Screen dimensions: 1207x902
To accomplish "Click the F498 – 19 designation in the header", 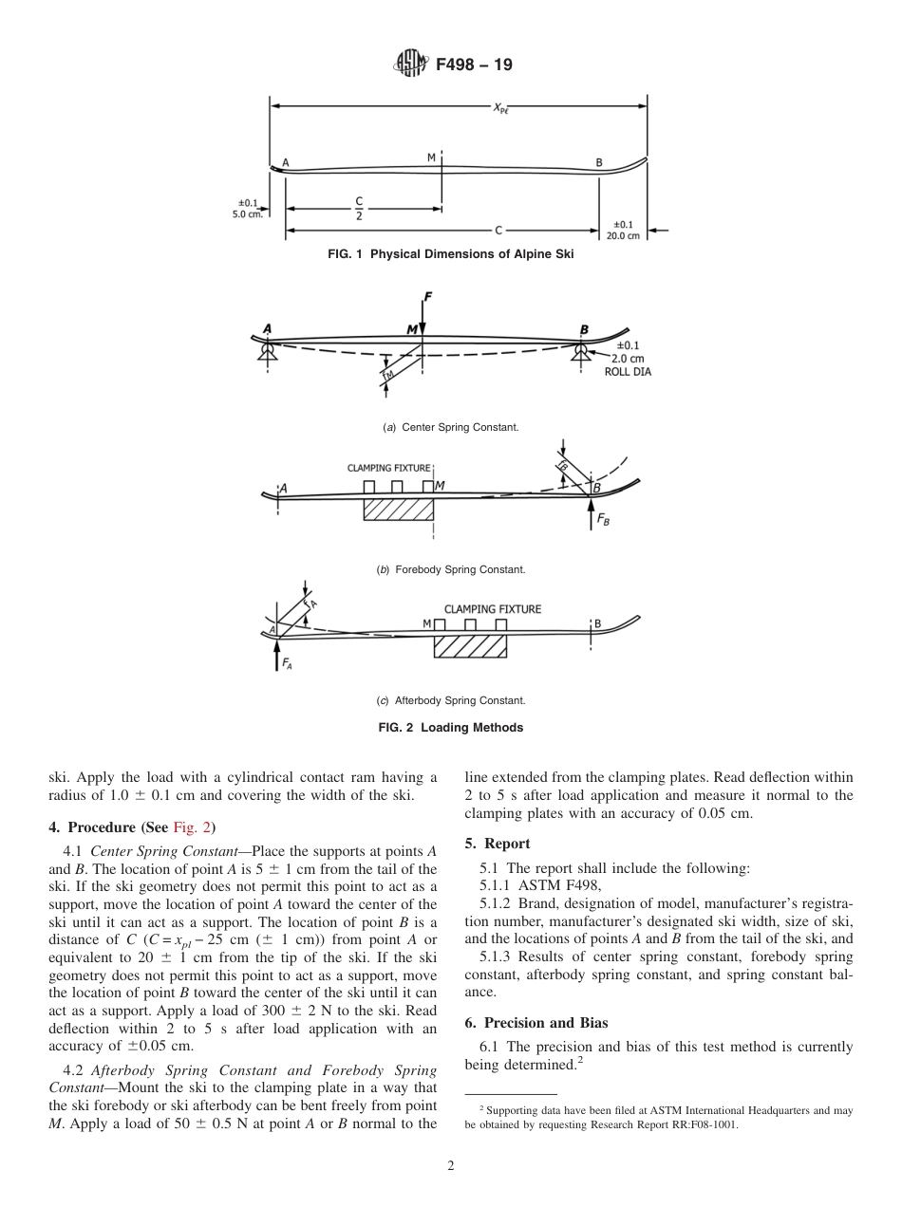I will click(x=474, y=65).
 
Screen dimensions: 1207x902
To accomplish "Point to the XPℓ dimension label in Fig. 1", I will click(x=501, y=109).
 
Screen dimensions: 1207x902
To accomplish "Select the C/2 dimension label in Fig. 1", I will click(x=360, y=208).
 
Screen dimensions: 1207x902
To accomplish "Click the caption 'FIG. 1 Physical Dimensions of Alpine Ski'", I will click(x=450, y=254).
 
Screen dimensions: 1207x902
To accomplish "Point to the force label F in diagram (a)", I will click(x=427, y=297).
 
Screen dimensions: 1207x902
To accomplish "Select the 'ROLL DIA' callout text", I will click(x=628, y=372).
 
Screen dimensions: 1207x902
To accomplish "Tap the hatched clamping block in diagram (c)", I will click(x=470, y=646).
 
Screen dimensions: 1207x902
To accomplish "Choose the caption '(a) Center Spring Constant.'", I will click(x=450, y=428).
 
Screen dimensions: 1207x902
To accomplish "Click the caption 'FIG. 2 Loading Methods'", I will click(x=450, y=728).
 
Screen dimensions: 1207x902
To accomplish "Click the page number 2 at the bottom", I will click(x=450, y=1166).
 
